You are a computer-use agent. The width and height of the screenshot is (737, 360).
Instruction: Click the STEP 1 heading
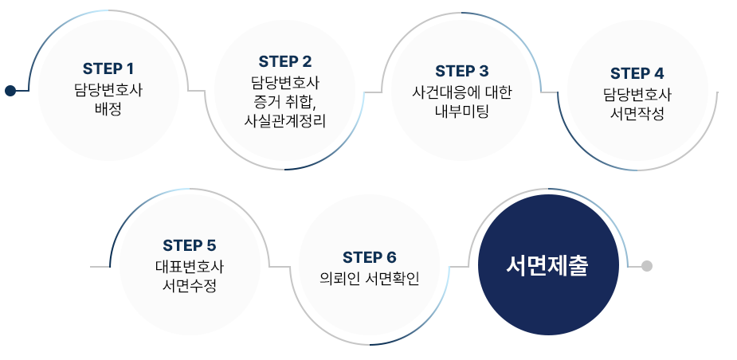tap(108, 68)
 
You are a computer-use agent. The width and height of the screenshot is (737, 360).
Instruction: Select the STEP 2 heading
tap(285, 61)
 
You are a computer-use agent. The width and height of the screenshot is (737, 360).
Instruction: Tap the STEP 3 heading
tap(462, 72)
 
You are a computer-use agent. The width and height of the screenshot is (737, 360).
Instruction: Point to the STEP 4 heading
tap(637, 74)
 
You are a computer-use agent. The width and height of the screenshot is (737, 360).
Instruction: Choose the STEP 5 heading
tap(189, 245)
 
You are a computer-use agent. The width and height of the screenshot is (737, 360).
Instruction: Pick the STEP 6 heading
tap(369, 257)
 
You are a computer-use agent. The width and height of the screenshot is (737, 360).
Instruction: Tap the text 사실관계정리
tap(285, 120)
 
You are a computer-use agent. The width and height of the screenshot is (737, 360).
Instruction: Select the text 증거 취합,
tap(285, 101)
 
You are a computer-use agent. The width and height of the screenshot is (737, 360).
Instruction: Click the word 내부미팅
tap(462, 111)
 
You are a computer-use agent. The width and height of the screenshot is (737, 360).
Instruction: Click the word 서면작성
tap(637, 113)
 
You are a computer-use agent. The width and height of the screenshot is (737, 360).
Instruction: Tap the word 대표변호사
tap(190, 266)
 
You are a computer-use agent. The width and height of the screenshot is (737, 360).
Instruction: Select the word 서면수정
tap(190, 285)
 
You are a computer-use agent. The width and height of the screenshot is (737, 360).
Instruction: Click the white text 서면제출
tap(547, 266)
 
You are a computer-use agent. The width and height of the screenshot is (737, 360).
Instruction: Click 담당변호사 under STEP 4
tap(637, 94)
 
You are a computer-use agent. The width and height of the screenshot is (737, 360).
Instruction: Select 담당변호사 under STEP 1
tap(108, 88)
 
